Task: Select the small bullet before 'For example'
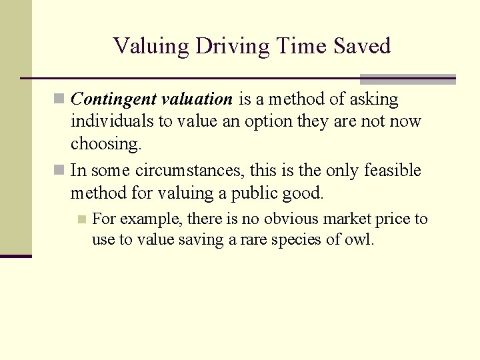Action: pyautogui.click(x=81, y=219)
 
